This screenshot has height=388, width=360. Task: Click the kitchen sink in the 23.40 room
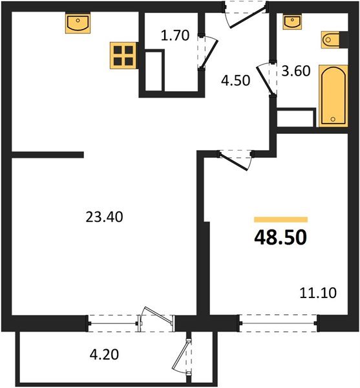click(x=77, y=25)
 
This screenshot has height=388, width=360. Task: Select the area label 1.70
click(x=175, y=36)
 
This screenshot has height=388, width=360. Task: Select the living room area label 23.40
click(x=104, y=217)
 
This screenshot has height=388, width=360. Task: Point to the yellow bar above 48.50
click(x=281, y=220)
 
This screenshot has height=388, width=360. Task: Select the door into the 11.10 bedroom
click(x=235, y=159)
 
